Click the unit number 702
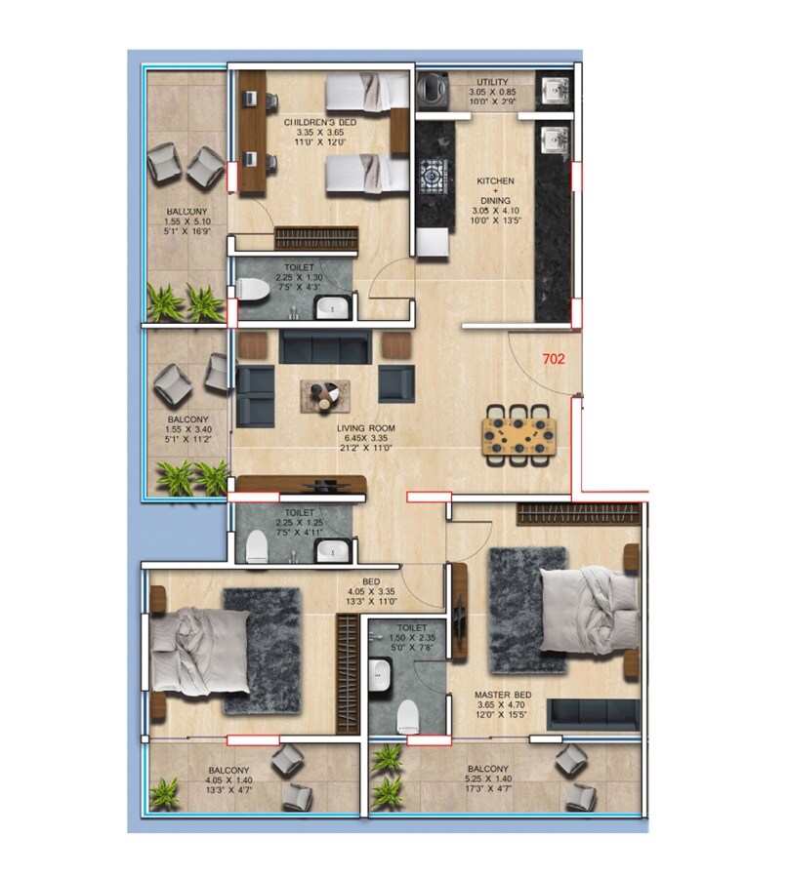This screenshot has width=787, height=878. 554,358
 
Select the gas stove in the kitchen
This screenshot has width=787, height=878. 434,179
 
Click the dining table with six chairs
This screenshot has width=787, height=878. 518,432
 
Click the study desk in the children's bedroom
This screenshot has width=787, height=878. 254,131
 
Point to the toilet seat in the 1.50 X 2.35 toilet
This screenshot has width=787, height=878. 408,716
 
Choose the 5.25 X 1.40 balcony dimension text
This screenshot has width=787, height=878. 496,779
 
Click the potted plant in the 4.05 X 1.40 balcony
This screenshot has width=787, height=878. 164,792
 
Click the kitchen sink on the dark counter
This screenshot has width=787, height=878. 557,141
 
